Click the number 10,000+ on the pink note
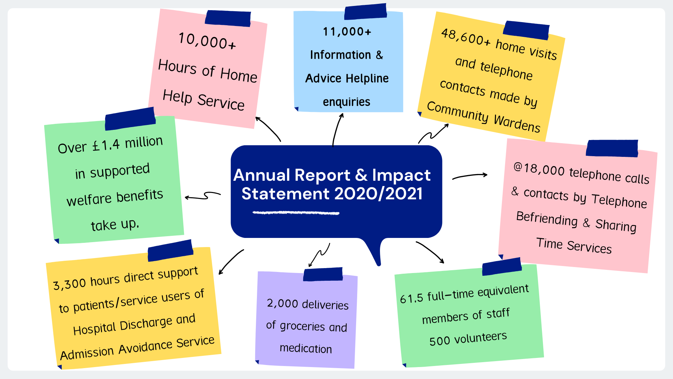click(207, 41)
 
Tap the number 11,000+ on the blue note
click(347, 32)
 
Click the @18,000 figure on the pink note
click(539, 169)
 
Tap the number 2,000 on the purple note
click(282, 303)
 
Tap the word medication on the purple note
click(306, 348)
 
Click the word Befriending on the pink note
click(547, 219)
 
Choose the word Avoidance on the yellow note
click(145, 347)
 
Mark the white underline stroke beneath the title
click(296, 213)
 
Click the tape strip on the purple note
click(323, 274)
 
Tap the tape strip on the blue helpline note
click(366, 12)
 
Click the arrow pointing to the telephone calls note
click(470, 176)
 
